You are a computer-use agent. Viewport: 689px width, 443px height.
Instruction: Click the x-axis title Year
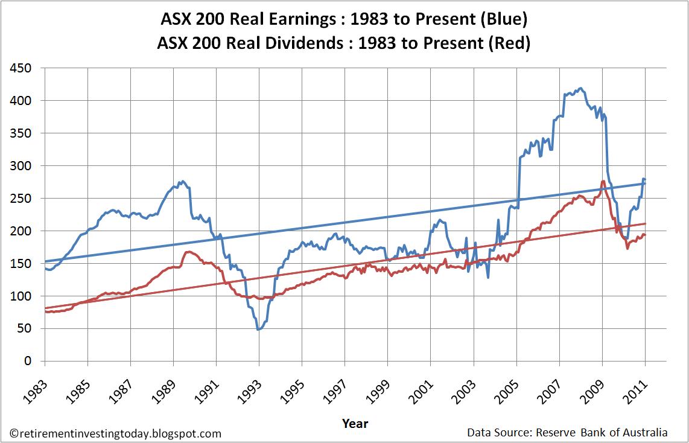point(355,423)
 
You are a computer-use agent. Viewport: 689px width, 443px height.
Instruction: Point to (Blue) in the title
point(500,19)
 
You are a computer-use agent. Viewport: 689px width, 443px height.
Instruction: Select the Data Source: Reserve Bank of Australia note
point(567,433)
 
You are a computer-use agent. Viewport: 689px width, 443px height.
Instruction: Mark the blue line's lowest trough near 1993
point(258,330)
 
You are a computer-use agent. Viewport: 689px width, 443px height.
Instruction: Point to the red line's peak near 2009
point(603,181)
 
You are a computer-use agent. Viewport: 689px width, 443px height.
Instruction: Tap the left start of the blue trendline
point(45,261)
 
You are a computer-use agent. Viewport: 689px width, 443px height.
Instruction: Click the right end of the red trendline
point(646,223)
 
